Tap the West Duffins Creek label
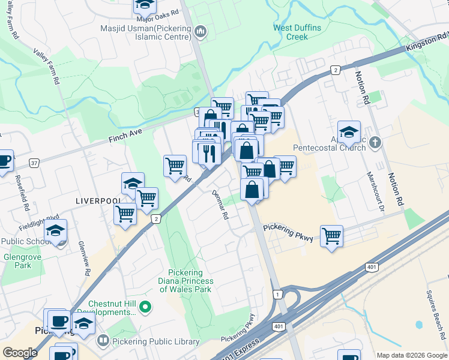(297, 32)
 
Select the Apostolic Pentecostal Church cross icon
(376, 143)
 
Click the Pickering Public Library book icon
(103, 341)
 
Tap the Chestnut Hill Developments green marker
(145, 307)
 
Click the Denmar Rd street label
(221, 205)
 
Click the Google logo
(20, 353)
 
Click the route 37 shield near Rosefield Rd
(34, 163)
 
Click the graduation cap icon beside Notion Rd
(349, 131)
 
